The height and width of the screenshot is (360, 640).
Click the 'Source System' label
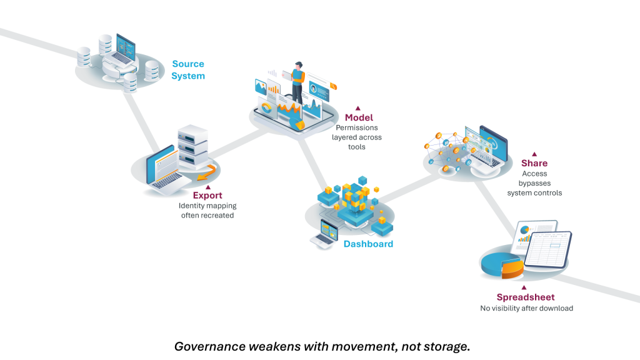point(188,70)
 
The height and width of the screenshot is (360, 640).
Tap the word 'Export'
point(207,196)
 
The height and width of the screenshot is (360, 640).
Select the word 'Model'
point(358,117)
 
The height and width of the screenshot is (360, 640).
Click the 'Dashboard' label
point(368,244)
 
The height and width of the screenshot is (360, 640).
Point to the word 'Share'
point(534,164)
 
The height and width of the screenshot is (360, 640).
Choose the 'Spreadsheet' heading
point(526,297)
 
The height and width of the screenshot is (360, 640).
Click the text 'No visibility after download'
point(526,308)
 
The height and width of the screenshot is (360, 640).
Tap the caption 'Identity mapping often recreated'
point(207,210)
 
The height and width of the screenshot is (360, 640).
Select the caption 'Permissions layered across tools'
point(358,137)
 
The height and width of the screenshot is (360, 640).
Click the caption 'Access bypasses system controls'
point(534,183)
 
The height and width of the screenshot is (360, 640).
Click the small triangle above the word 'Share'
point(534,154)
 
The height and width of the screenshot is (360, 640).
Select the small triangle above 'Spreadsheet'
point(524,287)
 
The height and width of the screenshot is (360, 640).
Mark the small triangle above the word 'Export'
point(208,186)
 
